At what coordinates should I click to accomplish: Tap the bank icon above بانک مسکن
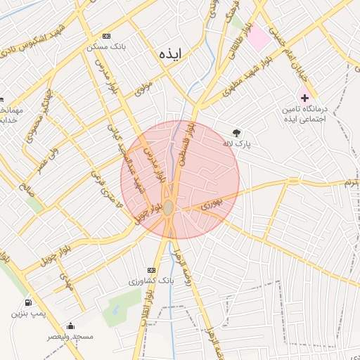pos(106,36)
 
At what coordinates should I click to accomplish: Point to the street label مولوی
pos(143,89)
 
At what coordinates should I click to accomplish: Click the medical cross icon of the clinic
pos(304,97)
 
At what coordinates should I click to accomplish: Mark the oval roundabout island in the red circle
pos(169,207)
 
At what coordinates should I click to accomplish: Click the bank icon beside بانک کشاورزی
pos(151,270)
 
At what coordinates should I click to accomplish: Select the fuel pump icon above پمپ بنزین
pos(27,303)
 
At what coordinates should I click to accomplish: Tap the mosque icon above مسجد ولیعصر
pos(70,326)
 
